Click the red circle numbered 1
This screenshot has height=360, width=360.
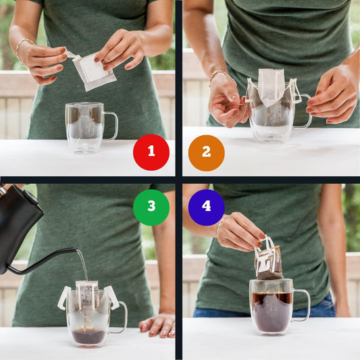coord(151,152)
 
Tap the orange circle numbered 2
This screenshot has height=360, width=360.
coord(206,152)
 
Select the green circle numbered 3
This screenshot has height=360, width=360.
coord(151,207)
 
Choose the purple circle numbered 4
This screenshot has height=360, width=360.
coord(206,206)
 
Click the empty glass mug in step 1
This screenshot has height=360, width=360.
coord(85,127)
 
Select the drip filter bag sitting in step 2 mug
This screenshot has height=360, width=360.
coord(272,86)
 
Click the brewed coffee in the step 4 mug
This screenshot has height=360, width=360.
coord(272,311)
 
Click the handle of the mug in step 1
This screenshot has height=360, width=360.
coord(111,126)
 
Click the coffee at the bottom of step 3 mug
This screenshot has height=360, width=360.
coord(89,336)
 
